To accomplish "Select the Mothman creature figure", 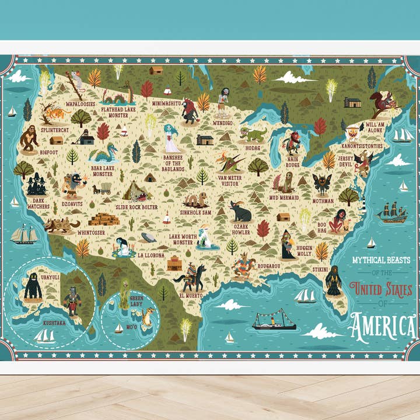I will (x=321, y=184).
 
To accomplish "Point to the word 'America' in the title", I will (x=381, y=327).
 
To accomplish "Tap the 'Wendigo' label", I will (x=223, y=123).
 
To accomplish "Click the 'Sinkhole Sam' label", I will (x=194, y=213).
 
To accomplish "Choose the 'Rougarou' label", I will (x=269, y=266).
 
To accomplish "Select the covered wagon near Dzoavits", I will (x=103, y=188).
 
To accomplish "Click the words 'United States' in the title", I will (x=381, y=289).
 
